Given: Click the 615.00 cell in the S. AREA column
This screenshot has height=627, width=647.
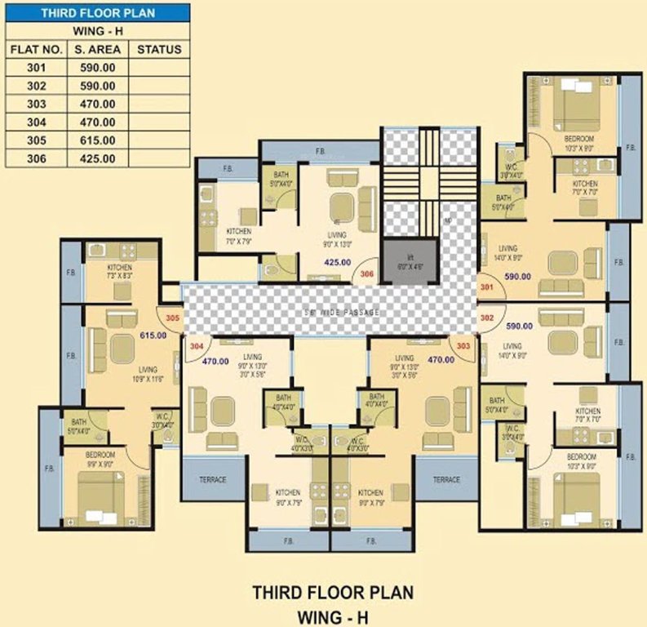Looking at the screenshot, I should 95,140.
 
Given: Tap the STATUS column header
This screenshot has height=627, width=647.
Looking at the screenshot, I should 159,49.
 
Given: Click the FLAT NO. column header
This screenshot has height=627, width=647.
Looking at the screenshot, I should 32,49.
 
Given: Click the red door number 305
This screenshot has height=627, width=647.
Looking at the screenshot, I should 172,318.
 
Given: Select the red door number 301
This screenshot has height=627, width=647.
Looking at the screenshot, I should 487,288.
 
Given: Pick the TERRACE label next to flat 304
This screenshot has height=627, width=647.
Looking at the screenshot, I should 213,479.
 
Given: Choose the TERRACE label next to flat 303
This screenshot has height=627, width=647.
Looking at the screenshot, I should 446,479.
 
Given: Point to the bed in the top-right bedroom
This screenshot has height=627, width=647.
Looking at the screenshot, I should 576,104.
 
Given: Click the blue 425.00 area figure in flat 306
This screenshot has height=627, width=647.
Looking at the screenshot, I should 337,263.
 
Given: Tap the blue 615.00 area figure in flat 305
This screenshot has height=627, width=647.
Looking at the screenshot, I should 153,335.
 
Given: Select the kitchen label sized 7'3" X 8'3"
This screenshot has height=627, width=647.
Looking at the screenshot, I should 120,273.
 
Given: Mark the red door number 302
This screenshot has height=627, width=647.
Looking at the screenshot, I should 487,317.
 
